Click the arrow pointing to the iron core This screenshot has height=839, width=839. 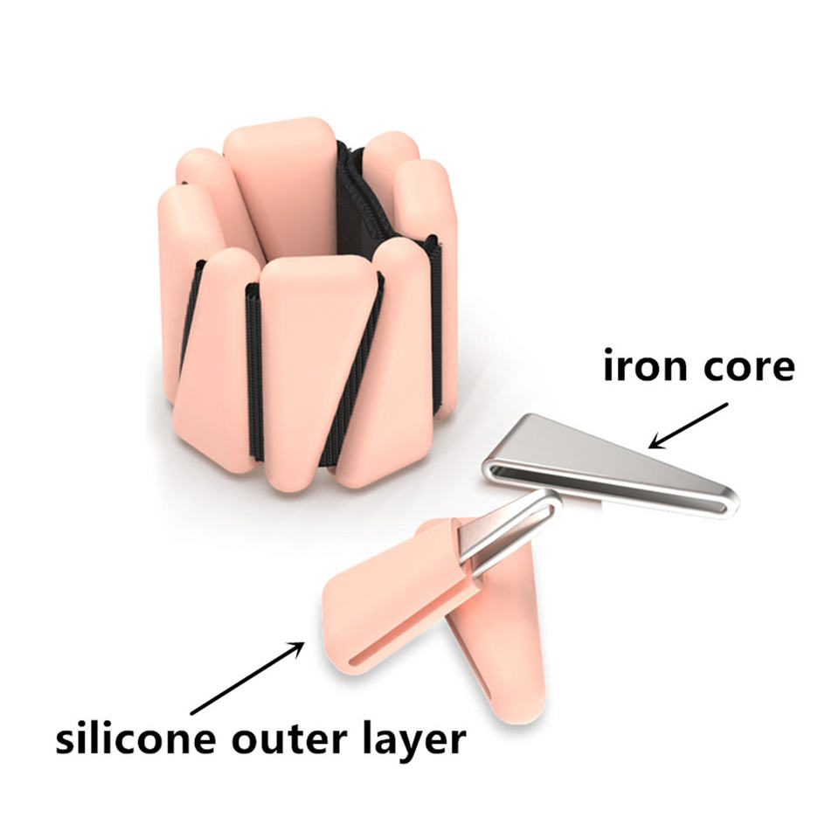(x=688, y=426)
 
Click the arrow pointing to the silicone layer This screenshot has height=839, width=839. (x=247, y=678)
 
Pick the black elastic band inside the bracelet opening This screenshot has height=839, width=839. (x=358, y=204)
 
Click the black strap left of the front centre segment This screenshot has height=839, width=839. (x=254, y=369)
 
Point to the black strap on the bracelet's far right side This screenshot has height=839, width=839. (x=436, y=321)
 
